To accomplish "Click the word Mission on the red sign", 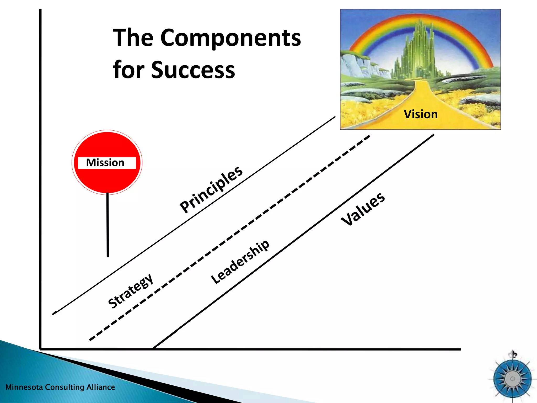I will pyautogui.click(x=105, y=163).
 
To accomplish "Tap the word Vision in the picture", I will pyautogui.click(x=421, y=114).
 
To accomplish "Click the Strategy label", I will pyautogui.click(x=131, y=291).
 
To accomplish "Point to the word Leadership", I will pyautogui.click(x=240, y=262).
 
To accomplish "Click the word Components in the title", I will pyautogui.click(x=230, y=38).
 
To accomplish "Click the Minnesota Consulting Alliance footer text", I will pyautogui.click(x=60, y=387).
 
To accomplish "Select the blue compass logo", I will pyautogui.click(x=512, y=379).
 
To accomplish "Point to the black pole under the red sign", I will pyautogui.click(x=108, y=226).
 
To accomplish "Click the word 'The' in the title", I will pyautogui.click(x=133, y=38).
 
